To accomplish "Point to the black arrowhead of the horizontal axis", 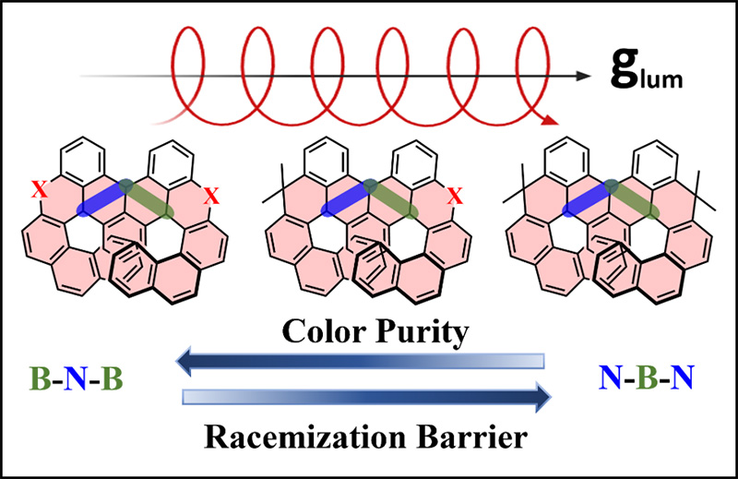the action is [584, 77].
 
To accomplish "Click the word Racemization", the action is [305, 437].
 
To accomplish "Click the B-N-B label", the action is [77, 378].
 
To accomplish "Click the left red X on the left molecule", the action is [40, 191].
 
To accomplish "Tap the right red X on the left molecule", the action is [211, 196].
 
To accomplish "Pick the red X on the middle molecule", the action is [455, 196].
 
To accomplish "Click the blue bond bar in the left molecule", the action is [104, 198].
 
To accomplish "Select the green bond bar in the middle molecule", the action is [390, 199].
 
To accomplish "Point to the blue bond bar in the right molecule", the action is [589, 198].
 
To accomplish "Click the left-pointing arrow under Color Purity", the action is [360, 361].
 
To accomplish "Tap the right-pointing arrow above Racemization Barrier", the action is [366, 398].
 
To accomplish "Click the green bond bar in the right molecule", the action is [632, 199].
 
